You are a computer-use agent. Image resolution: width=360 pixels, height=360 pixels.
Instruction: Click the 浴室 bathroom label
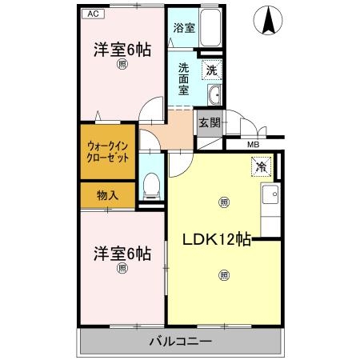[184, 28]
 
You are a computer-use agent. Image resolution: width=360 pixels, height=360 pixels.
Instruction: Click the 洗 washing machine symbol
[210, 70]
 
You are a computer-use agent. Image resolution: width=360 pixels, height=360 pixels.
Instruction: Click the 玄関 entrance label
[210, 122]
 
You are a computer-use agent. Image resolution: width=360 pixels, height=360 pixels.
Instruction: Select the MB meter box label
[252, 144]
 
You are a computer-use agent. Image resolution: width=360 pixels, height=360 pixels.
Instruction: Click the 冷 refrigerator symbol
[262, 166]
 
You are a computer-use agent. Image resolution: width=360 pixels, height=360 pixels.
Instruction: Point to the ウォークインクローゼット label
[108, 152]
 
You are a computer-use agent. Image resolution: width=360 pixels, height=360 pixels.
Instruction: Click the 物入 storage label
[108, 195]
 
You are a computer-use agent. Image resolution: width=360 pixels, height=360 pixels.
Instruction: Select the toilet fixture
[150, 186]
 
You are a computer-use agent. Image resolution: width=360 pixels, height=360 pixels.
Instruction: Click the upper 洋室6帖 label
[122, 49]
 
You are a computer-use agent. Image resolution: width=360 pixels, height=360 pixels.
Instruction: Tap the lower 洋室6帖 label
[122, 253]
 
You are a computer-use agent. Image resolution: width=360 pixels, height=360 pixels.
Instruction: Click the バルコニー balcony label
[180, 342]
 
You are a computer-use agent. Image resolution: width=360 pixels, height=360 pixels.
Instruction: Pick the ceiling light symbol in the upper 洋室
[122, 65]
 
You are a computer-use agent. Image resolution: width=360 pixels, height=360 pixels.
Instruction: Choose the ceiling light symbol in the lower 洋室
[122, 269]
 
